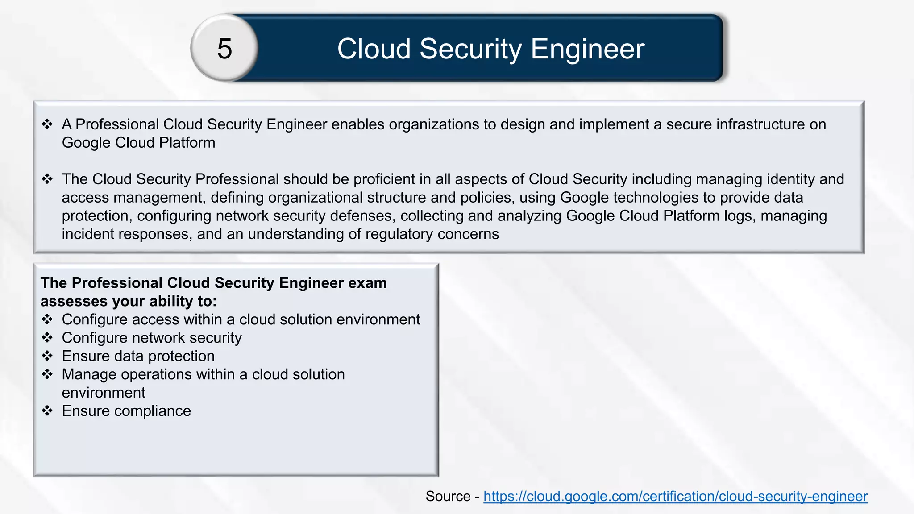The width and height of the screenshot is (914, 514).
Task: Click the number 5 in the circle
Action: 224,48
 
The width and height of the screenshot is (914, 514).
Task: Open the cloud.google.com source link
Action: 675,496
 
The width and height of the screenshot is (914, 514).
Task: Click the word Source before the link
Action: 448,496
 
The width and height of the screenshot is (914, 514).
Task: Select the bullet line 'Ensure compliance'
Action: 126,411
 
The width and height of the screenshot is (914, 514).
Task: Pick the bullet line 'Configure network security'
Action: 152,338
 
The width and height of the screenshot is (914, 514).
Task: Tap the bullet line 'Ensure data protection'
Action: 138,356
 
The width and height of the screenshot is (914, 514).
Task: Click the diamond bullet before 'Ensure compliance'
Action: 47,410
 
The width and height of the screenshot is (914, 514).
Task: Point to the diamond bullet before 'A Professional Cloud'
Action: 47,124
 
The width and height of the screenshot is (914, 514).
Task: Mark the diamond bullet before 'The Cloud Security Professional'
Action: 47,179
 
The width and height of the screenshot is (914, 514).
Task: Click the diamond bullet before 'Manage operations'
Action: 47,374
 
